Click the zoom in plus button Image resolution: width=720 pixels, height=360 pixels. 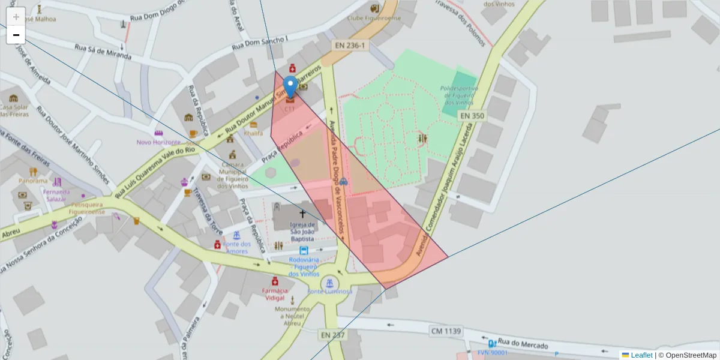point(16,17)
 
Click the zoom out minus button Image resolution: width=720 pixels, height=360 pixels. point(16,35)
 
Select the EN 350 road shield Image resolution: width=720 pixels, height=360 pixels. point(471,115)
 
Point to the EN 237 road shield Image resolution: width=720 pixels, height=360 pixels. point(332,335)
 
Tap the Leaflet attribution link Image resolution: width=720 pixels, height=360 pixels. point(641,355)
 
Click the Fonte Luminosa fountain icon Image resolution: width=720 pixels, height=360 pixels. point(329,283)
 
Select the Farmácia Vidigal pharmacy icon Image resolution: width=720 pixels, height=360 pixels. point(275,281)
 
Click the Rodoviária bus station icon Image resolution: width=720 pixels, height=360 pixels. point(304,251)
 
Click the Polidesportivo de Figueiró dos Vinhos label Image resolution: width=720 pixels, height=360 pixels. point(459,95)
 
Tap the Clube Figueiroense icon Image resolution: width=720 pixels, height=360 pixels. point(375,8)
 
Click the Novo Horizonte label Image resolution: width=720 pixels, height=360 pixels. point(158,142)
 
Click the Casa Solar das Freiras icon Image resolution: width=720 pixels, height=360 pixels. point(13,98)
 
